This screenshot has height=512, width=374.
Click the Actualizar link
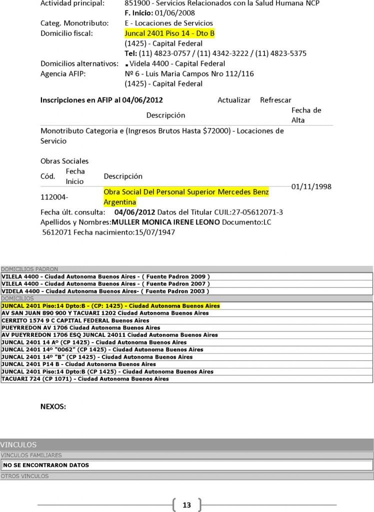234,100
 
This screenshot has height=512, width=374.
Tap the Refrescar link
275,100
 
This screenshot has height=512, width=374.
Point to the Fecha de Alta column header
306,115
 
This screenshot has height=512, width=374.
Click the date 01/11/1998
311,186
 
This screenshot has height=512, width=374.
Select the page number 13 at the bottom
187,505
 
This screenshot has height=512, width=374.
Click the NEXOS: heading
53,407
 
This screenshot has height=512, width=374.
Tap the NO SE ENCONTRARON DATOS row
46,465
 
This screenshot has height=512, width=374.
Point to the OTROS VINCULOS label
24,476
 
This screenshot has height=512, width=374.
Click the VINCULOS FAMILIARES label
31,455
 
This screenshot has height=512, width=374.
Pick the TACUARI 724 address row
85,379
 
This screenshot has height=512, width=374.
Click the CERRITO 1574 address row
75,320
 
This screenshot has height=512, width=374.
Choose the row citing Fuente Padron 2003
105,291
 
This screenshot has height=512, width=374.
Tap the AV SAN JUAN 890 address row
105,313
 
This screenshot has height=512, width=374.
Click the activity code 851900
136,3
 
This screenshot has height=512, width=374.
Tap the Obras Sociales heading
64,161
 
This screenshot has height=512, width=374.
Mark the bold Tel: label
130,53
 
